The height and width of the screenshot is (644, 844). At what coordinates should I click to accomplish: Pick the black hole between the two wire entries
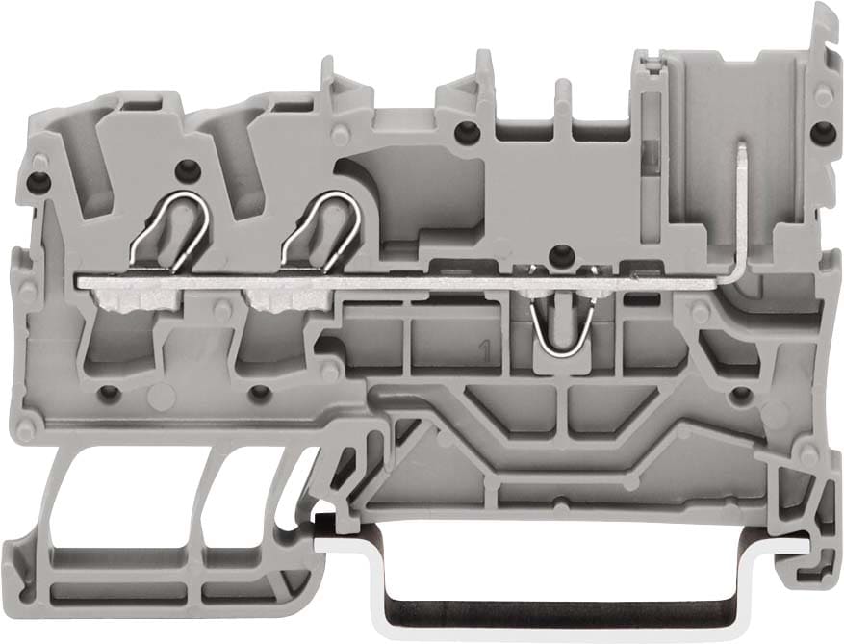[x=186, y=169]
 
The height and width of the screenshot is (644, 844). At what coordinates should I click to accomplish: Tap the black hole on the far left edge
[x=38, y=181]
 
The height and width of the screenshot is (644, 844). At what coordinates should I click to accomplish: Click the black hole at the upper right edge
[x=819, y=131]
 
